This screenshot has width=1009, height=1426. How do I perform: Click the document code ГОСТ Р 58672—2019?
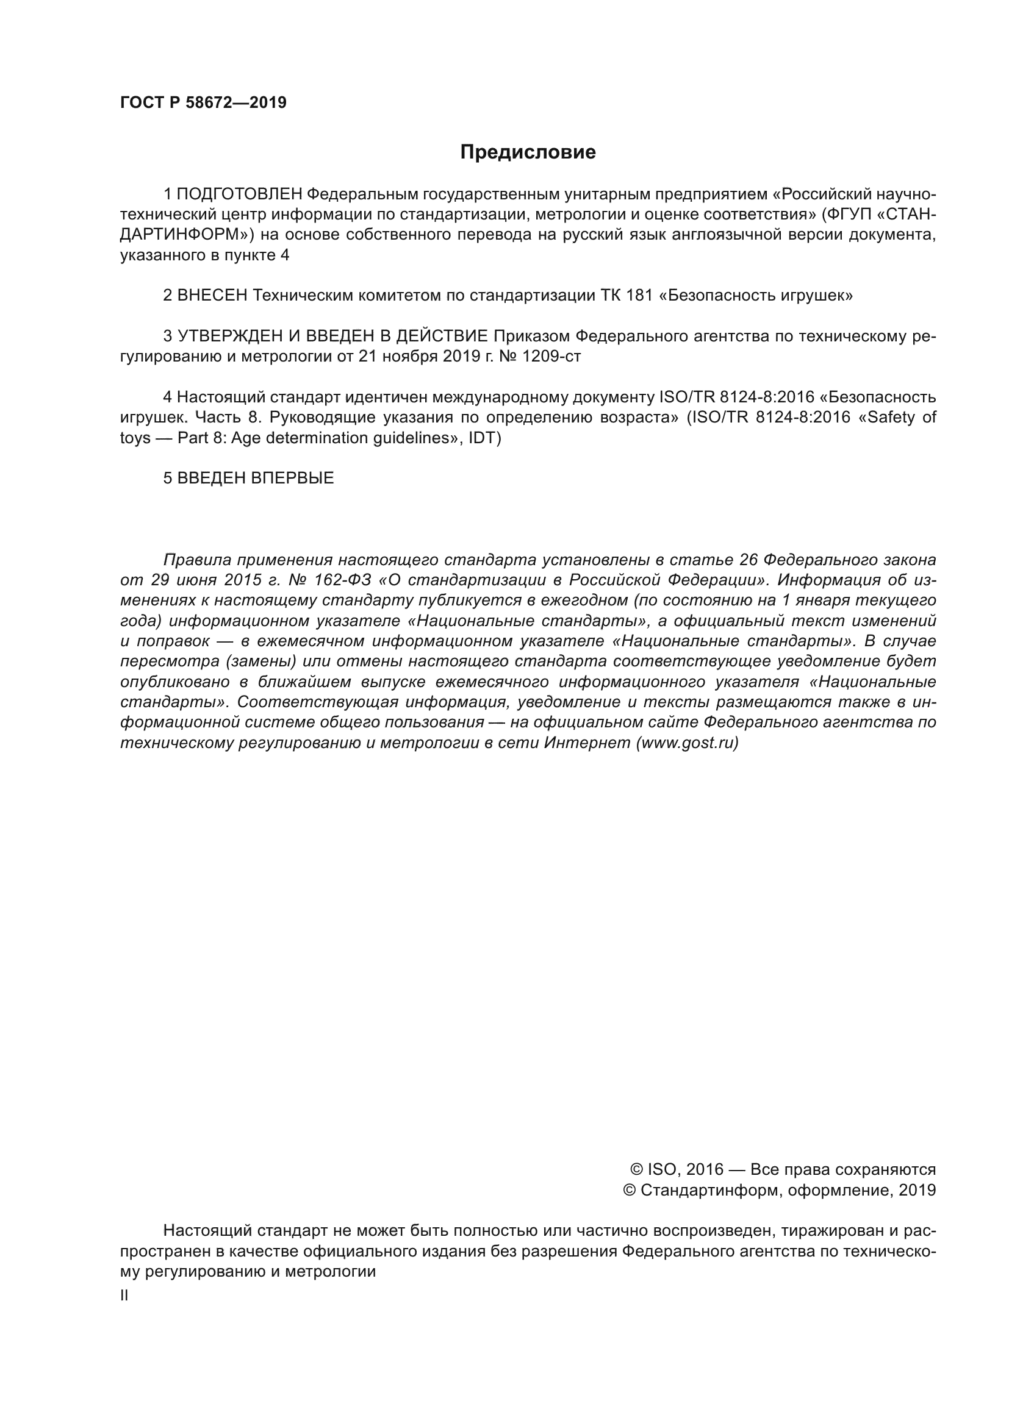pos(203,102)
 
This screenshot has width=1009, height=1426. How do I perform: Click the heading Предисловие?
pos(528,152)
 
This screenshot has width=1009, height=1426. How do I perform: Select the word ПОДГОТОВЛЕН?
pos(240,194)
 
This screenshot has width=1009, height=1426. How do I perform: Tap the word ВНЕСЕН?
pos(212,296)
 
